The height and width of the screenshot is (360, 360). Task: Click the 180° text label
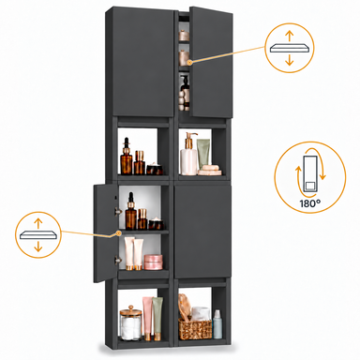pos(310,203)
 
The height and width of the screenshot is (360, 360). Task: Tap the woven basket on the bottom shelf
pos(195,329)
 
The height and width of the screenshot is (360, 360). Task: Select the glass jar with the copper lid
pos(130,323)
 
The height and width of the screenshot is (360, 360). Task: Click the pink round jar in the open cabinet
pos(154,262)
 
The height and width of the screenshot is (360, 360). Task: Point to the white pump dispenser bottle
pos(188,154)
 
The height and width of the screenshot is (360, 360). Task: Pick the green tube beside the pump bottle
pos(203,153)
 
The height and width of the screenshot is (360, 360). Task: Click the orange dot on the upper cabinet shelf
pos(191,62)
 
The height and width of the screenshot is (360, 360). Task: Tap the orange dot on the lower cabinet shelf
pos(118,232)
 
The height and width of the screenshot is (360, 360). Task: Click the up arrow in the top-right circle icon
pos(290,36)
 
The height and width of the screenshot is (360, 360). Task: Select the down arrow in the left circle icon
pos(38,247)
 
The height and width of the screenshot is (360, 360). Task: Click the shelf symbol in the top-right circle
pos(290,48)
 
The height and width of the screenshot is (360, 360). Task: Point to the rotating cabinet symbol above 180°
pos(311,173)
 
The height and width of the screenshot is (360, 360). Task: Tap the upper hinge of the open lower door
pos(118,211)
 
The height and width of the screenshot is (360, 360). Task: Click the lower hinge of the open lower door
pos(118,260)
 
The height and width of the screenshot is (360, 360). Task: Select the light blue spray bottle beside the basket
pos(217,324)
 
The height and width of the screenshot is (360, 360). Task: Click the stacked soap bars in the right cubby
pos(209,170)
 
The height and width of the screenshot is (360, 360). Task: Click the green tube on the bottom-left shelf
pos(157,319)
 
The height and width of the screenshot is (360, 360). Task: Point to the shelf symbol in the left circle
pos(38,234)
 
